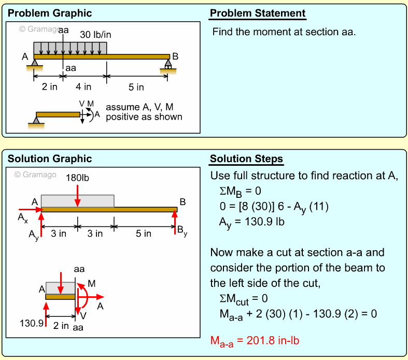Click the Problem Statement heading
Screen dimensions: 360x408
[x=258, y=13]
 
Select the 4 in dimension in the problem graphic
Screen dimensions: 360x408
[x=83, y=87]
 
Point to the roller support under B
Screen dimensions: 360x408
[x=168, y=64]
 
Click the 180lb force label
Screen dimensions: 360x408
[x=78, y=178]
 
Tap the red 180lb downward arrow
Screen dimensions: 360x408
[x=77, y=194]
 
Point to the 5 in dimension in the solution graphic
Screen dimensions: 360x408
[x=144, y=234]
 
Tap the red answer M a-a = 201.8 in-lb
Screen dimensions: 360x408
[x=255, y=340]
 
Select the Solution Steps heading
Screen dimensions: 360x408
[x=246, y=159]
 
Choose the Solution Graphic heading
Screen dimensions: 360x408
[x=50, y=159]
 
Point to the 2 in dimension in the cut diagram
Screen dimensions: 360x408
[x=62, y=325]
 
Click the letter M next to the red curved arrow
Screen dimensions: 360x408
[x=92, y=284]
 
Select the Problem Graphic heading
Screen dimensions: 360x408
[x=50, y=13]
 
